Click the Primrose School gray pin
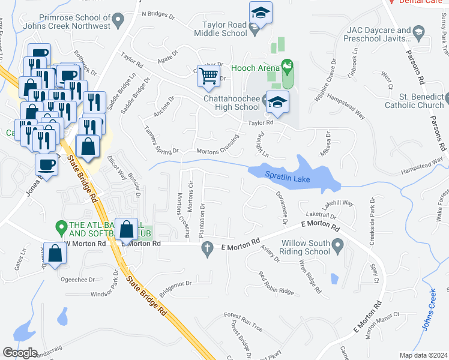click(x=118, y=20)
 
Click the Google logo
click(x=20, y=352)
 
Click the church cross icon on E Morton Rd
click(x=208, y=247)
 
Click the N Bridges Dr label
click(x=160, y=13)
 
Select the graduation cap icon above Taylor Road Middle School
click(x=261, y=12)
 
